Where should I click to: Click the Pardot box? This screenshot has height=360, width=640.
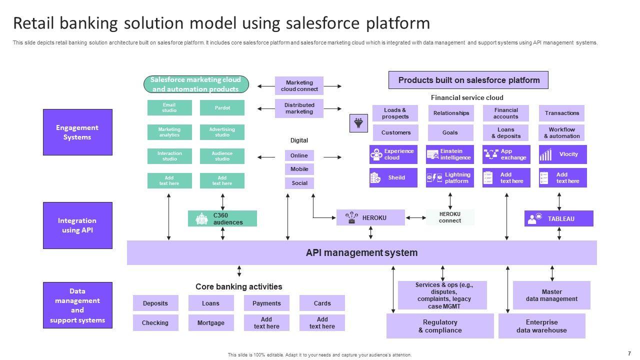click(222, 108)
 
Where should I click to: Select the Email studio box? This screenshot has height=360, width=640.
click(169, 108)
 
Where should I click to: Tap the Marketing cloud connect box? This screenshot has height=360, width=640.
click(299, 86)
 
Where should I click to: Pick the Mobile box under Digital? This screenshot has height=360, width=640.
click(299, 169)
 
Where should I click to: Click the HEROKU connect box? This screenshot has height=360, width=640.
click(450, 217)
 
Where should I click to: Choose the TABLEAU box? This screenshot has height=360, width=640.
click(558, 218)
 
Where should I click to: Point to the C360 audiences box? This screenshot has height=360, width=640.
click(222, 218)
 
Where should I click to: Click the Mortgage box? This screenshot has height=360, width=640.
click(211, 323)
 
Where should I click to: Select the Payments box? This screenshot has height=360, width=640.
click(266, 303)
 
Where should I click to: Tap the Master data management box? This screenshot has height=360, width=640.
click(551, 295)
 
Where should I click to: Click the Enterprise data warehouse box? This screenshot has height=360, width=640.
click(541, 326)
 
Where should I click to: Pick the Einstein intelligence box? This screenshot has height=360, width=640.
click(449, 154)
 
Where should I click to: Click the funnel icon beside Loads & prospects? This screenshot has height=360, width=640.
click(358, 123)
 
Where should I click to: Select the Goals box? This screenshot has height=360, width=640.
click(450, 132)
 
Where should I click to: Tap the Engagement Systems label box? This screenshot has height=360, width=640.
click(77, 132)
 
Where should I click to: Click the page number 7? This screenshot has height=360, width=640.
click(629, 353)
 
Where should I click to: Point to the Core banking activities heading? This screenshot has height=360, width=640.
click(238, 286)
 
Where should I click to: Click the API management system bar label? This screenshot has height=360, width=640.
click(361, 252)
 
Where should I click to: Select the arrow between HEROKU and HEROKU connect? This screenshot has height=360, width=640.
click(415, 217)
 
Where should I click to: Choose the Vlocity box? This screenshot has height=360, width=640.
click(562, 154)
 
